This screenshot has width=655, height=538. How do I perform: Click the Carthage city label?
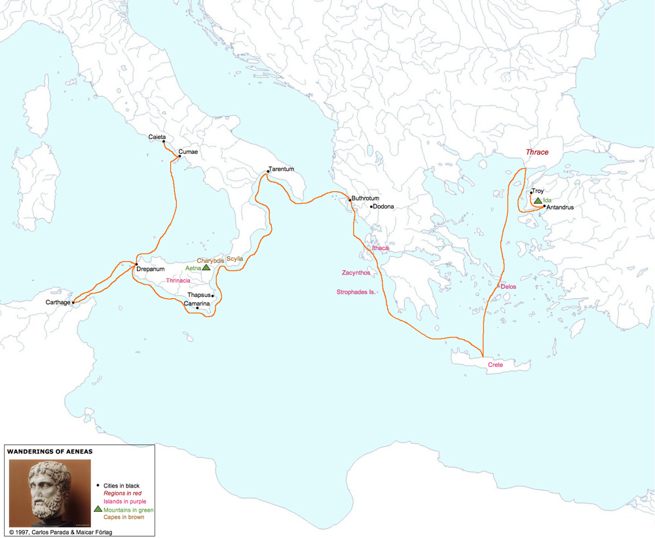(58, 303)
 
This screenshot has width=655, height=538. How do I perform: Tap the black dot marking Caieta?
(164, 141)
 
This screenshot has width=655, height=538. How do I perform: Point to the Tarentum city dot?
(269, 172)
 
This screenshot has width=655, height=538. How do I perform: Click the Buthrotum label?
(365, 199)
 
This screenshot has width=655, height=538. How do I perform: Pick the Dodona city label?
(383, 207)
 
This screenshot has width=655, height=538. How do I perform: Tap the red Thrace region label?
(537, 152)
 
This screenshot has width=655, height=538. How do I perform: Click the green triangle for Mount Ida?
(538, 201)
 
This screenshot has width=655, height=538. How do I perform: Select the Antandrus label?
(560, 208)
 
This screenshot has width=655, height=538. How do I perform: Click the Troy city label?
(538, 191)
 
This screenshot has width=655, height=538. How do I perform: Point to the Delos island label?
(508, 287)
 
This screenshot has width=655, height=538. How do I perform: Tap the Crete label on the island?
(495, 364)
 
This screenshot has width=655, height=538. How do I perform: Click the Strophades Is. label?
(356, 292)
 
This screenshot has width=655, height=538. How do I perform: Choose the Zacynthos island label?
(356, 273)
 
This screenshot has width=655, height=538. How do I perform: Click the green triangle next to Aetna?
(206, 267)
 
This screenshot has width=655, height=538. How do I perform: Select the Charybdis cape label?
(210, 261)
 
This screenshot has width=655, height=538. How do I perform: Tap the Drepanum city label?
(151, 269)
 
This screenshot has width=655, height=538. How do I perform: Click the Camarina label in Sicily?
(196, 303)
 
